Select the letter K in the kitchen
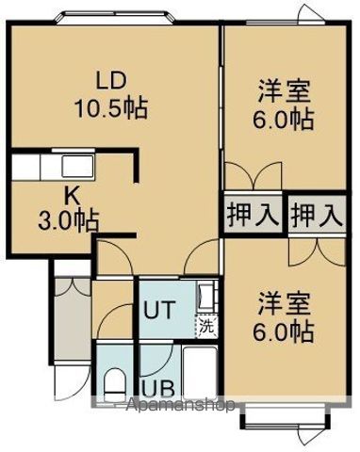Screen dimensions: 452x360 (69, 197)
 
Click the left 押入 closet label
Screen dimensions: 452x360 (253, 214)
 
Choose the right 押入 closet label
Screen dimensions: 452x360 (315, 214)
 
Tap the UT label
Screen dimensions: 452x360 (157, 310)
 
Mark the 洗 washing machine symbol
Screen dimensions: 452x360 (205, 328)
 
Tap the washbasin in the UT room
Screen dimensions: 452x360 (206, 299)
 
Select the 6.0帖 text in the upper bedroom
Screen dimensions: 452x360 (286, 121)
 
